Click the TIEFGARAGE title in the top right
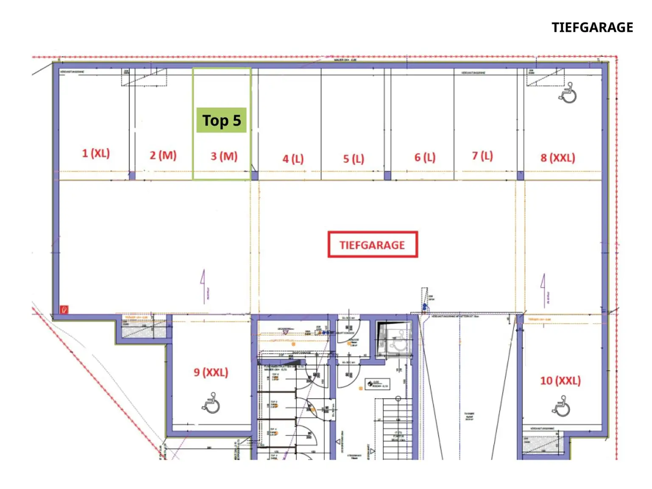592,28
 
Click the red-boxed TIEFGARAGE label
372,244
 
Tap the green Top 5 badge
221,121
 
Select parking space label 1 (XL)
96,153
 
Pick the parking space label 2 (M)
163,155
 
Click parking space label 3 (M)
224,156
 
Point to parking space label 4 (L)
293,159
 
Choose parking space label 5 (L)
354,159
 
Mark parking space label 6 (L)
425,157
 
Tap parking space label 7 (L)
482,156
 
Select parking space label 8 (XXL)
557,158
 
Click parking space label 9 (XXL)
211,372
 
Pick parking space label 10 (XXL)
560,380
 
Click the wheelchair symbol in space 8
568,93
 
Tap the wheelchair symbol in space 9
211,403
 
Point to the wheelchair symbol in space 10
561,406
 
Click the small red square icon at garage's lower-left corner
64,309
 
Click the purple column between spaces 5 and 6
387,175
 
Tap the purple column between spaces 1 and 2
132,175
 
